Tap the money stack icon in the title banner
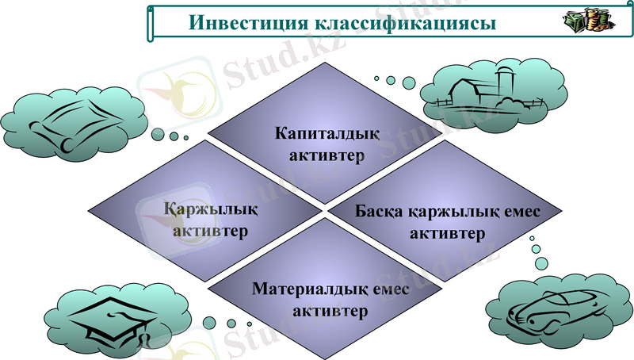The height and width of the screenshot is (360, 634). click(585, 21)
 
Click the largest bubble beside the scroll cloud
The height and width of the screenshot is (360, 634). click(157, 133)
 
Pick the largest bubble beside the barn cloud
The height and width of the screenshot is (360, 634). click(409, 82)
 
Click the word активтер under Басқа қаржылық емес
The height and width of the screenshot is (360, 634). click(448, 235)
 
